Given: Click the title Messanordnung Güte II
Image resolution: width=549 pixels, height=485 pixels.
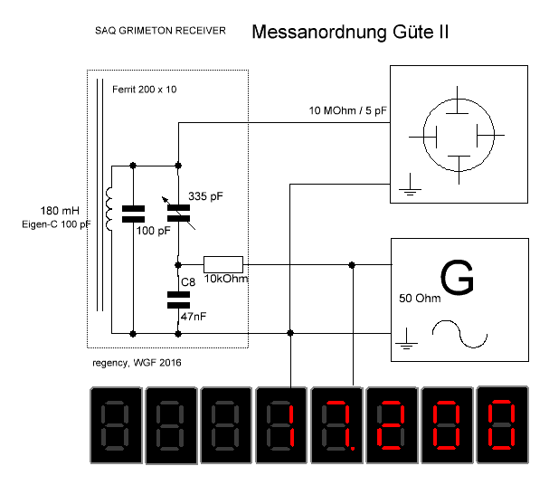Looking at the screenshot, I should click(350, 33).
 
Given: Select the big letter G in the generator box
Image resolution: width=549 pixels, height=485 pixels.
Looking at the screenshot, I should click(457, 279).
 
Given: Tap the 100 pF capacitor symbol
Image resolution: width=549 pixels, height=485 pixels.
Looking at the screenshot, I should click(133, 214).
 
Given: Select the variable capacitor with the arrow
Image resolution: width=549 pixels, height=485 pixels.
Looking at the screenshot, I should click(178, 213).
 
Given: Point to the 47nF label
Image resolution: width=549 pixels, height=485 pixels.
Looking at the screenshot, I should click(193, 318).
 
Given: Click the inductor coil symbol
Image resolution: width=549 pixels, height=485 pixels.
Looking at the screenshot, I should click(111, 210).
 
